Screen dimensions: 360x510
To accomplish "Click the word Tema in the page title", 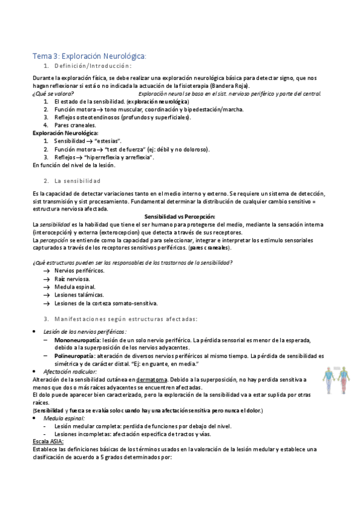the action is pos(41,56).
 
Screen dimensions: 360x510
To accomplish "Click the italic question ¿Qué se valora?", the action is pos(53,94).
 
